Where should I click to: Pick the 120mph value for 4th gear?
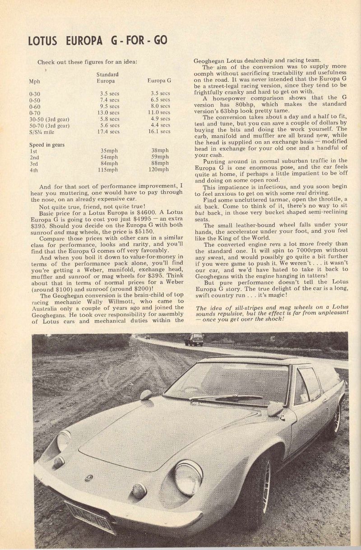[x=158, y=170]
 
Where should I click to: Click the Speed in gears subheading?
[x=47, y=144]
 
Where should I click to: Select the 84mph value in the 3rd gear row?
[x=109, y=163]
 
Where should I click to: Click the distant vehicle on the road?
[x=194, y=339]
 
